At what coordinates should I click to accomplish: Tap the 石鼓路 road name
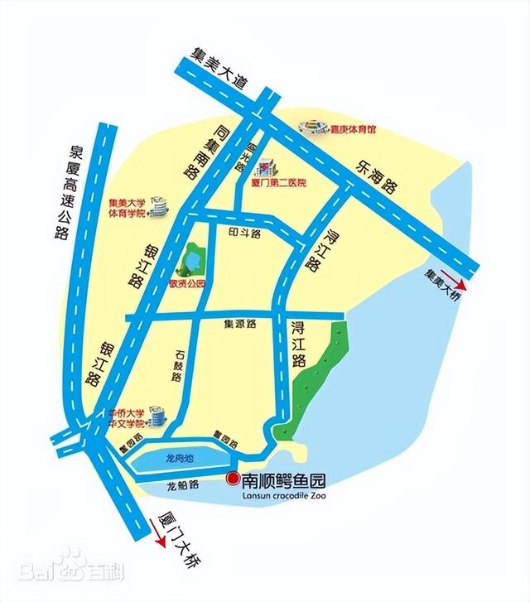pos(176,364)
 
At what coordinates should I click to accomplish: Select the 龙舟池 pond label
pos(179,458)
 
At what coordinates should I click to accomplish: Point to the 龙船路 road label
pos(181,489)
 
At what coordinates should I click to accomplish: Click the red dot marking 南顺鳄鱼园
pos(232,479)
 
